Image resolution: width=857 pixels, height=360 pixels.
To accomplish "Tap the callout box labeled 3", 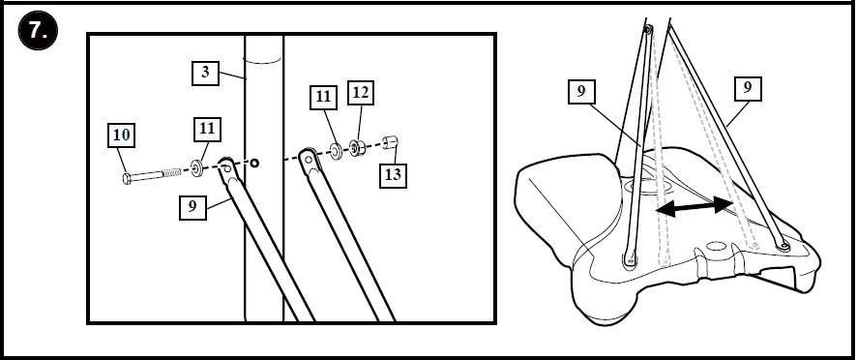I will [204, 73].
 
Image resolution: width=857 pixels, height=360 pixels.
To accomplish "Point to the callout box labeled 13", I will [393, 175].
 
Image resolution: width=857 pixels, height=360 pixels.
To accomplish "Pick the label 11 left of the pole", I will [206, 128].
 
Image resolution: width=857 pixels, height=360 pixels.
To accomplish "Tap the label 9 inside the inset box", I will [192, 206].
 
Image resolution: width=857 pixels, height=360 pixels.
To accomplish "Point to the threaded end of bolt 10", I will [173, 172].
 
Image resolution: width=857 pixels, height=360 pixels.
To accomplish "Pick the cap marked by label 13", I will [390, 143].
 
